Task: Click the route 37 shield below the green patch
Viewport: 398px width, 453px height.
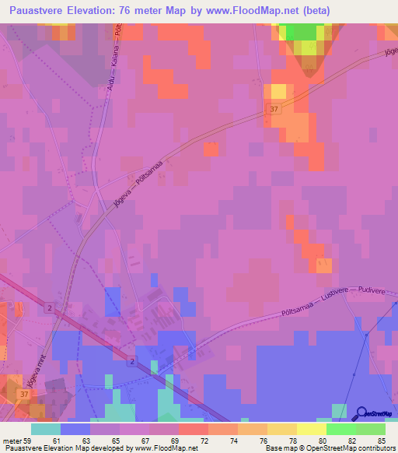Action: click(x=271, y=111)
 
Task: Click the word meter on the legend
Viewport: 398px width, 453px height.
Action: click(x=11, y=441)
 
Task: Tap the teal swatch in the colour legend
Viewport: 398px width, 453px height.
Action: click(x=46, y=429)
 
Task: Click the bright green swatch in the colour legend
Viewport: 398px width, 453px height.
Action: click(x=341, y=429)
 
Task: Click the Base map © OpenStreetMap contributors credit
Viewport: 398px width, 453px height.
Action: click(x=330, y=448)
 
